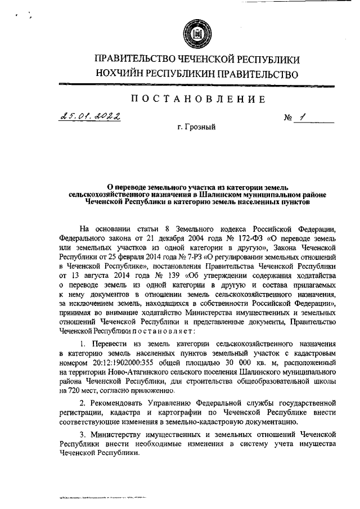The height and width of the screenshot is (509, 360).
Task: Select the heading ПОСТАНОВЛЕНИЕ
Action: (x=197, y=100)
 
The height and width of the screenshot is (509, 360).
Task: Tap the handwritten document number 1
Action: (x=303, y=118)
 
